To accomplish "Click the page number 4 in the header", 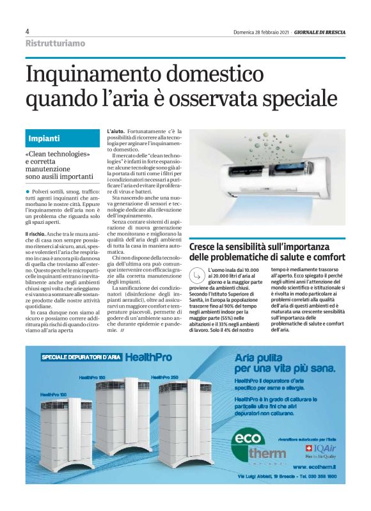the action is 28,31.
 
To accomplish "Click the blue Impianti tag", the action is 45,138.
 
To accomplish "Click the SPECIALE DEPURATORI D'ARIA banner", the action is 81,357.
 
